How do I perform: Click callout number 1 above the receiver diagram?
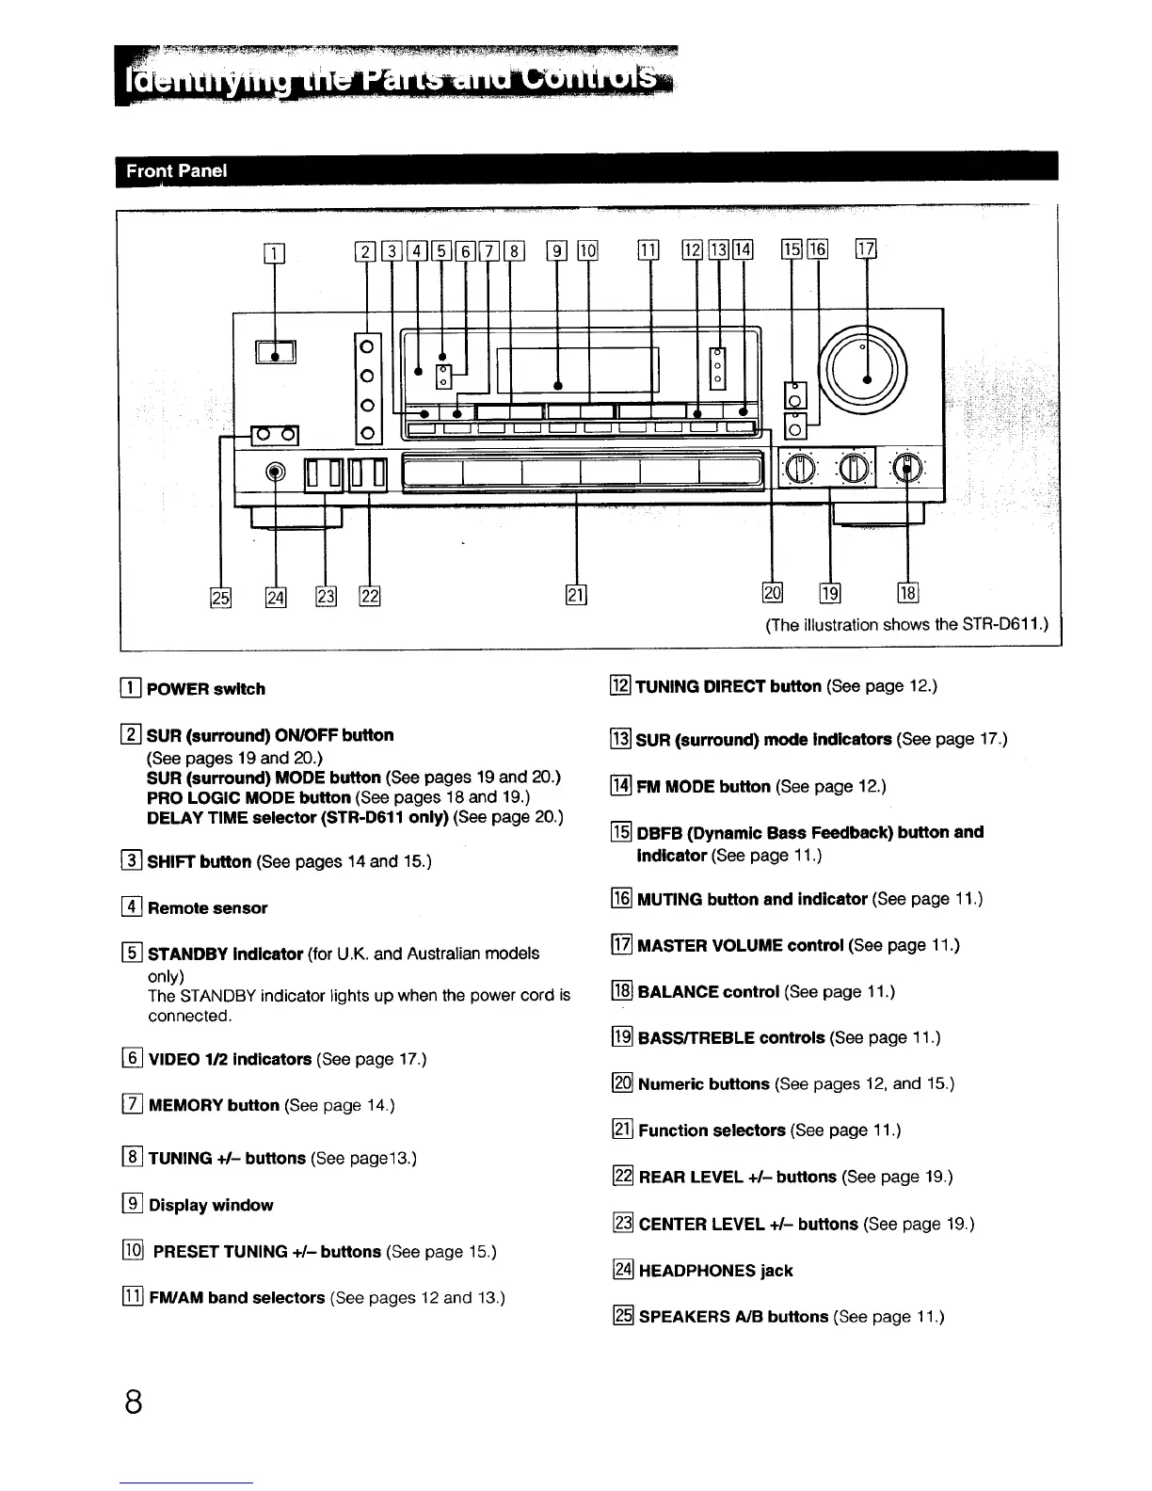coord(275,251)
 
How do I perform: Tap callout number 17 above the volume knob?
coord(865,249)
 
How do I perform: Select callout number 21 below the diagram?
coord(575,594)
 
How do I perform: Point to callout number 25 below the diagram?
coord(219,595)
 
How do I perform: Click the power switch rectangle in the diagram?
coord(276,353)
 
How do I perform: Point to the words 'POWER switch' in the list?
coord(206,689)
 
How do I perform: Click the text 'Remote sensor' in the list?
coord(207,908)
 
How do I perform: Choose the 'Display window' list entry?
coord(211,1205)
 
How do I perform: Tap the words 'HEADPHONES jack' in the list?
coord(715,1271)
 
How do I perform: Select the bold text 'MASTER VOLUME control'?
coord(740,945)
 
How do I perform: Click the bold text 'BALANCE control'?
coord(708,991)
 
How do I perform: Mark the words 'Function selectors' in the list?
coord(712,1130)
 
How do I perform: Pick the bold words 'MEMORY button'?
coord(214,1105)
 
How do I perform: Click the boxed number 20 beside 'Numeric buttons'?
coord(622,1084)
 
